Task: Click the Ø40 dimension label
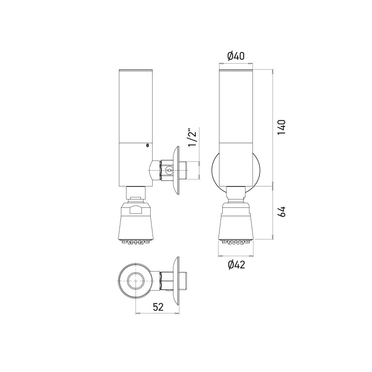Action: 236,57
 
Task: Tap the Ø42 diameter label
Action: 236,265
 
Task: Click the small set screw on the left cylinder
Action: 147,146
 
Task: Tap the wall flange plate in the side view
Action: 176,171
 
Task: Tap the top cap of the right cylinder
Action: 236,71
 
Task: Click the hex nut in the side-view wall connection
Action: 166,171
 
